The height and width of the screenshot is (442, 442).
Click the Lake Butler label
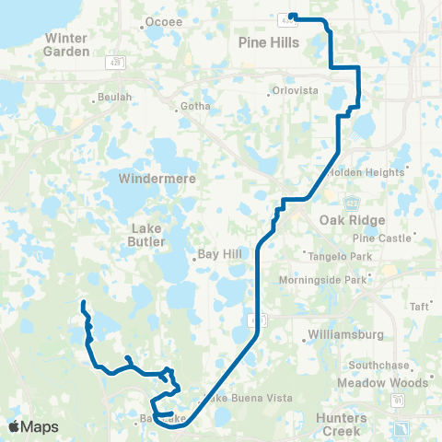[x=148, y=235]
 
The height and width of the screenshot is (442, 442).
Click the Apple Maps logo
[x=34, y=426]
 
